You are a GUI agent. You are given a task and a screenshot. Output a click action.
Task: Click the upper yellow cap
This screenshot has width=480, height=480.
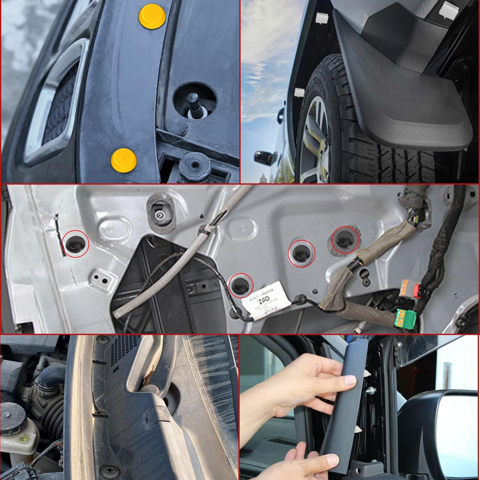tap(152, 16)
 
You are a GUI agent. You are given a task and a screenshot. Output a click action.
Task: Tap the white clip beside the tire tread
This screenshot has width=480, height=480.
tap(299, 93)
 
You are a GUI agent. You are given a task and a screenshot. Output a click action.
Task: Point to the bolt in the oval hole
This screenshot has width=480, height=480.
tap(160, 215)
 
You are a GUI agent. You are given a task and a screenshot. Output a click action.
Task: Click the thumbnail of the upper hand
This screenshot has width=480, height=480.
tap(350, 381)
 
